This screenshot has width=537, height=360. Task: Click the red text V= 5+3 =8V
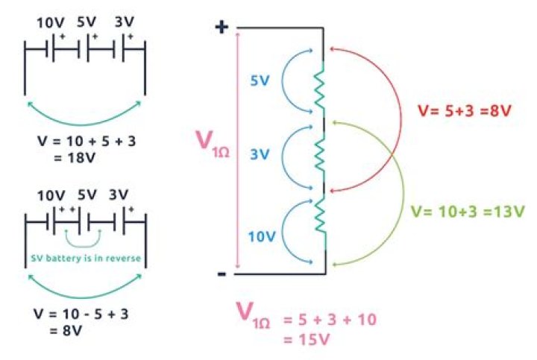[x=465, y=111]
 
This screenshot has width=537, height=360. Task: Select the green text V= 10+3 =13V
[x=468, y=212]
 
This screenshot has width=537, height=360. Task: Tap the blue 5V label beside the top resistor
[x=260, y=80]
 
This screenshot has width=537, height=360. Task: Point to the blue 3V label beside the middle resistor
[x=260, y=154]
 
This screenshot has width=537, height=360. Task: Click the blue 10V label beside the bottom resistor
[x=262, y=236]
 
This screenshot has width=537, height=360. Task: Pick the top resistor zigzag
[x=319, y=89]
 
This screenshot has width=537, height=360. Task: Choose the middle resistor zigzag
[x=319, y=156]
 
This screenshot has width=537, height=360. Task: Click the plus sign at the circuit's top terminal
[x=222, y=27]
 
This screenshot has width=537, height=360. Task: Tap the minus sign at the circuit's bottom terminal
[x=222, y=274]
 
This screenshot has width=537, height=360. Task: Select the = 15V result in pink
[x=307, y=339]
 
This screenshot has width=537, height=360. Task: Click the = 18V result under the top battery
[x=75, y=158]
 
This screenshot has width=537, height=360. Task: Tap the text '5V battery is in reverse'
[x=86, y=258]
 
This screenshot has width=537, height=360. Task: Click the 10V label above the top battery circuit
[x=51, y=23]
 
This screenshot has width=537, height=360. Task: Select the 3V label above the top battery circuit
[x=124, y=22]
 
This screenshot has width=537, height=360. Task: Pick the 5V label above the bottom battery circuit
[x=87, y=195]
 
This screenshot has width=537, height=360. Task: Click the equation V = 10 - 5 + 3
[x=81, y=314]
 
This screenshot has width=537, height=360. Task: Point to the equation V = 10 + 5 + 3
[x=87, y=141]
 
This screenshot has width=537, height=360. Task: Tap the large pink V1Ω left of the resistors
[x=213, y=144]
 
